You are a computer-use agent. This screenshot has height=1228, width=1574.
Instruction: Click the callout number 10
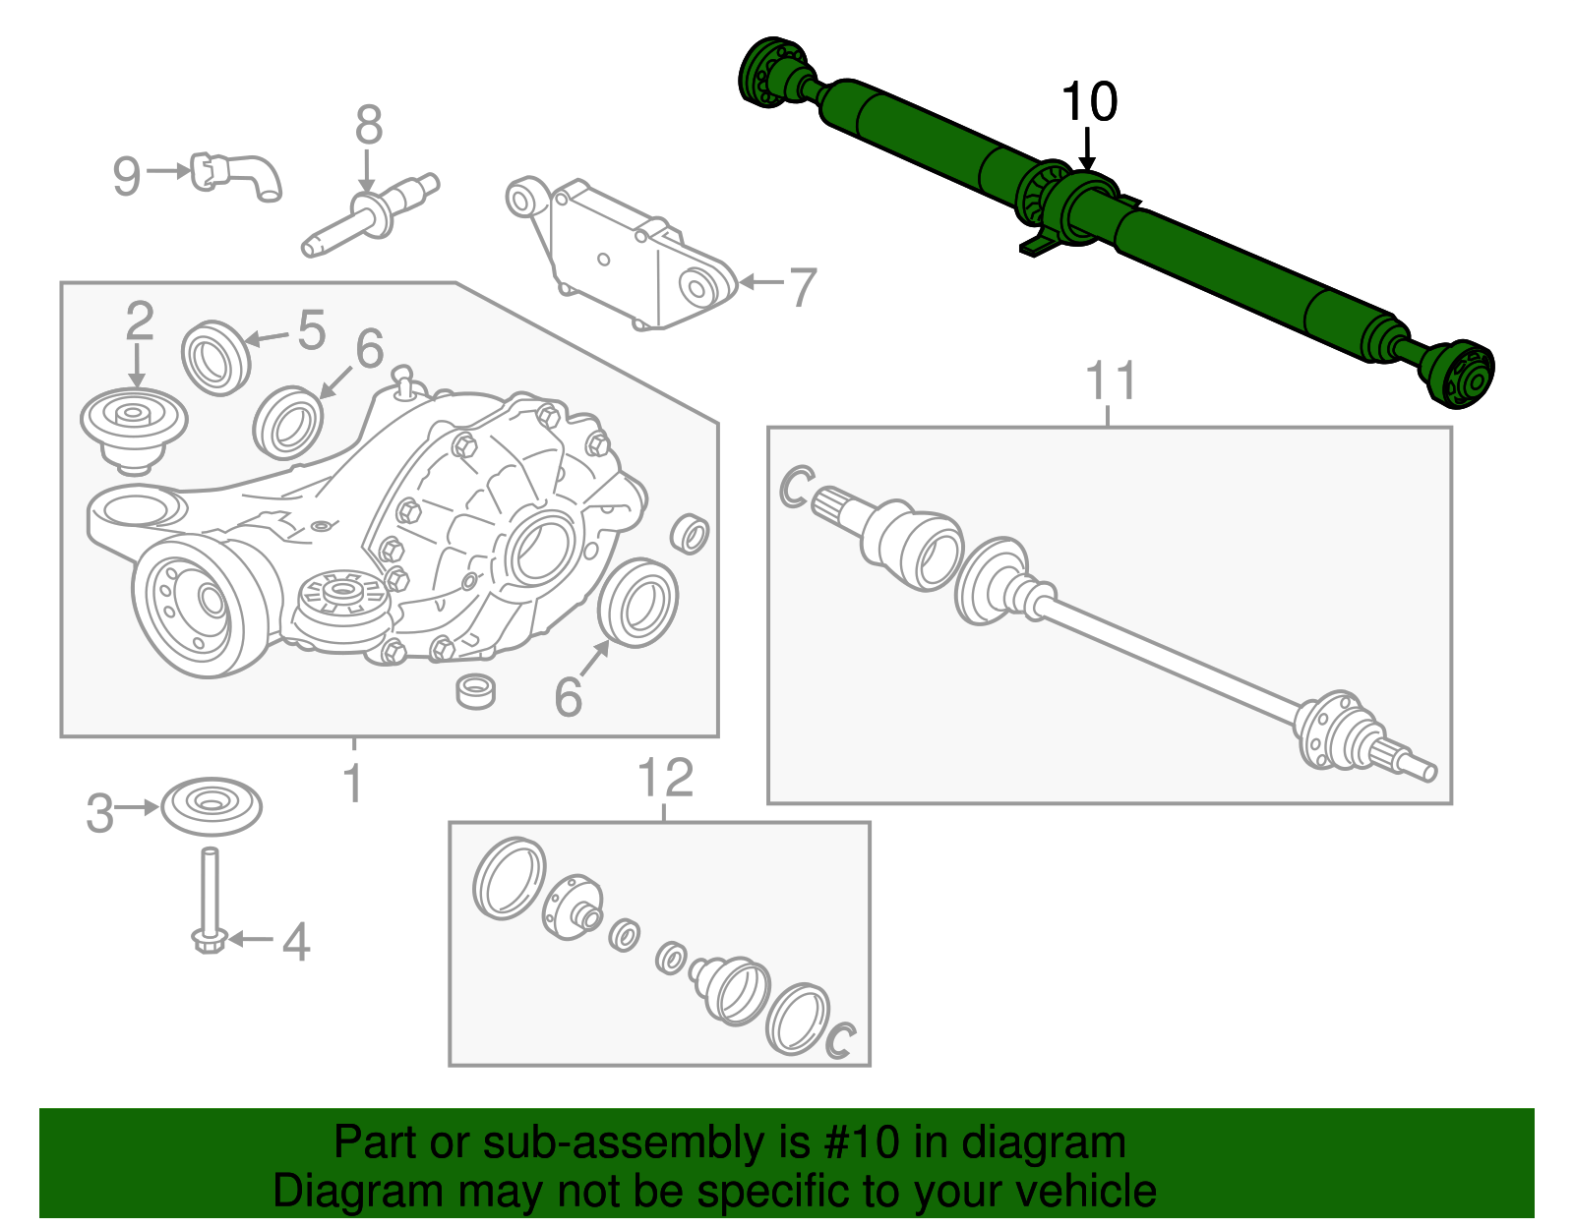pos(1089,103)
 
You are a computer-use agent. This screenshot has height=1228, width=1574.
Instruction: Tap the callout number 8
pos(368,126)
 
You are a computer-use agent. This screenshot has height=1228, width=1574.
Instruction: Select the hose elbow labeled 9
pos(239,176)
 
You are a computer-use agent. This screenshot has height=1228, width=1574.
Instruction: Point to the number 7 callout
pos(803,287)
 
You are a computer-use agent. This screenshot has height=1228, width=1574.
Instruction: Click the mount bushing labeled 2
pos(134,427)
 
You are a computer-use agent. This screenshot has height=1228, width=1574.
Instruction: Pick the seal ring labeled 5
pos(215,357)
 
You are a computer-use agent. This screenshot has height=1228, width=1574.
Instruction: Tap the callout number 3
pos(99,814)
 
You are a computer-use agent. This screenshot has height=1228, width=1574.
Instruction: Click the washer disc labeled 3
pos(211,805)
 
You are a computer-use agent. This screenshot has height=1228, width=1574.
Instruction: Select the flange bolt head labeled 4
pos(209,942)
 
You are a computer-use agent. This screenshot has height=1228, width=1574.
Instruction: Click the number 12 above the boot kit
pos(666,779)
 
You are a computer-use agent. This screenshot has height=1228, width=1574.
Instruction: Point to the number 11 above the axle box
pos(1111,381)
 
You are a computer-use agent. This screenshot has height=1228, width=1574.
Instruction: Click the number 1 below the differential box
pos(353,784)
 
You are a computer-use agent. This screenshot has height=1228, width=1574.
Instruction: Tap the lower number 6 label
pos(568,697)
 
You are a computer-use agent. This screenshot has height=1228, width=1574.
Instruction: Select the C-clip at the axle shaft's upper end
pos(795,488)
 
